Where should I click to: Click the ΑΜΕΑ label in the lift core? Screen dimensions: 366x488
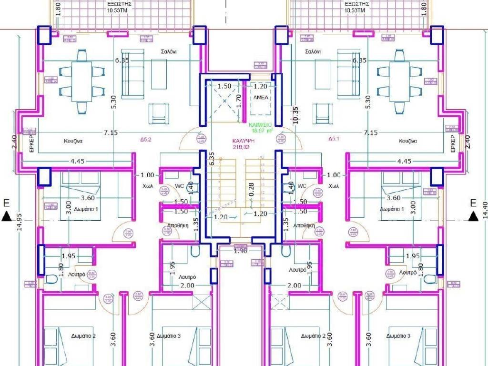260,97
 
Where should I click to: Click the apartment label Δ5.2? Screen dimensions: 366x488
145,140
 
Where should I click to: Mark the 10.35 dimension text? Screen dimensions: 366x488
295,114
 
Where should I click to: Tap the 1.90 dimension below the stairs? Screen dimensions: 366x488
241,251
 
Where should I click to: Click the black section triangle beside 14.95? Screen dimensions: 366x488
6,217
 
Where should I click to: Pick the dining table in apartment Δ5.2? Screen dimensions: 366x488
81,81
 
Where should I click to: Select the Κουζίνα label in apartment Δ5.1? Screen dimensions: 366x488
408,142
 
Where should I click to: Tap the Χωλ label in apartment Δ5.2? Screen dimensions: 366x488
147,186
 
